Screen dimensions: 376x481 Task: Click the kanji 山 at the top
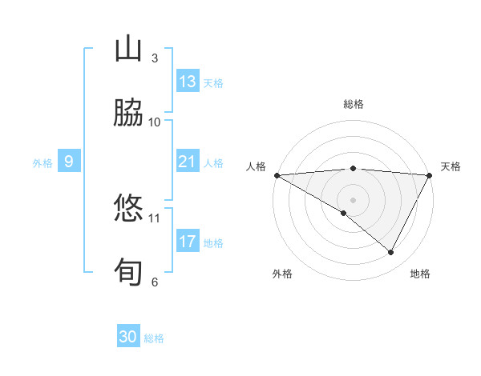coord(129,50)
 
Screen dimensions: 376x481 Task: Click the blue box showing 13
coord(188,82)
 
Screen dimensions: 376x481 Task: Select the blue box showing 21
coord(188,162)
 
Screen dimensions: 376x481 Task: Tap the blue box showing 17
coord(188,242)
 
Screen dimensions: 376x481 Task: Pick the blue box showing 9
coord(69,162)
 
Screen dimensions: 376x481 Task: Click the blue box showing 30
coord(128,337)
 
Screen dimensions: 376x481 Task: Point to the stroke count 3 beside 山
coord(155,58)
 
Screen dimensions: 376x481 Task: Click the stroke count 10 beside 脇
coord(155,122)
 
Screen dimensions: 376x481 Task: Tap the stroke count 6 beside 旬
coord(155,282)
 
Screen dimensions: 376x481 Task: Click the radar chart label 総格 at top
coord(354,104)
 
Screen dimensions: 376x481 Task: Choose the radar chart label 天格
coord(451,166)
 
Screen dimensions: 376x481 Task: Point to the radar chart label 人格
coord(256,166)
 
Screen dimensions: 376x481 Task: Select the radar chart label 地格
coord(420,274)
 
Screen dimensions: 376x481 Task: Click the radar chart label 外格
coord(282,274)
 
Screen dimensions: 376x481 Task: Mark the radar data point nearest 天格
coord(430,175)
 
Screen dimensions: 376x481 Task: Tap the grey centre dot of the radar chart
coord(353,199)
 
